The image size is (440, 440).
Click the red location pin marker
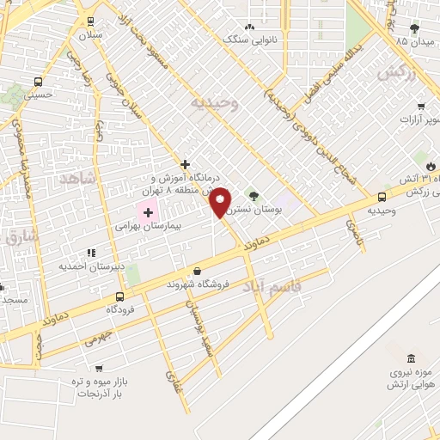click(221, 202)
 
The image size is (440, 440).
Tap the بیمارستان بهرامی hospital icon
click(147, 212)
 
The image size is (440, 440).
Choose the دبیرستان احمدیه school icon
click(91, 254)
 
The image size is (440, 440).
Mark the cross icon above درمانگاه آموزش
click(185, 163)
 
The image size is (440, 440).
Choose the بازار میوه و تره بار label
click(97, 387)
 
